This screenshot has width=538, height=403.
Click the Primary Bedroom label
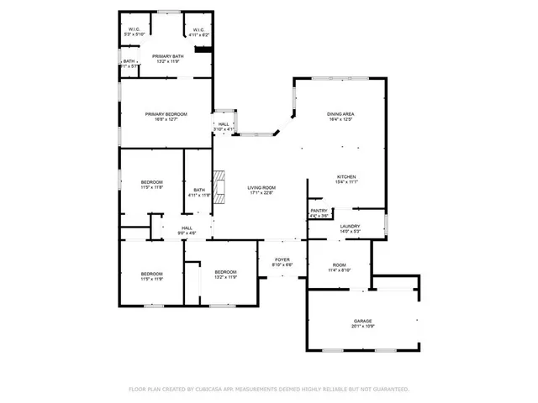[166, 114]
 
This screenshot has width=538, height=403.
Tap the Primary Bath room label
[166, 56]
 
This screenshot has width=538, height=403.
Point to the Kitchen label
[347, 176]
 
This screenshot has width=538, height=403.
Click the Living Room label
[261, 187]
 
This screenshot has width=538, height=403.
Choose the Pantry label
[319, 211]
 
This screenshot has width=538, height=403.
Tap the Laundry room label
[350, 226]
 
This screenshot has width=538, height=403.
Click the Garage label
[362, 322]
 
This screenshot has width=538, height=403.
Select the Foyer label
[282, 259]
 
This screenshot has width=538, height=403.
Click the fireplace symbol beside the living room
[219, 188]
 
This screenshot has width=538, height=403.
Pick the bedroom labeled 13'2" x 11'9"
[225, 276]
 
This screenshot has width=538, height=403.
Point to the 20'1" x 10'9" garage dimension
[362, 327]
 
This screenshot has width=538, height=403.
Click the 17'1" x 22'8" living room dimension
[261, 193]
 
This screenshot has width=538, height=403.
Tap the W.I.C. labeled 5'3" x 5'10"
[134, 31]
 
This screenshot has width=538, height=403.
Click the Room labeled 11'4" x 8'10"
[338, 265]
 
